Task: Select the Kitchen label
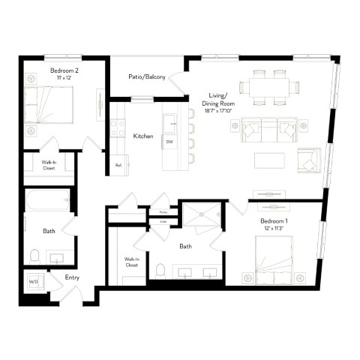point(143,136)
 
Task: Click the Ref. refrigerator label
point(118,165)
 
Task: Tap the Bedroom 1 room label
point(275,223)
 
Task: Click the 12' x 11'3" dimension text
point(275,230)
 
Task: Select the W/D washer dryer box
point(34,281)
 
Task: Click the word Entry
point(72,277)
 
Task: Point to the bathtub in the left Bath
point(46,202)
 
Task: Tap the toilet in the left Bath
point(34,256)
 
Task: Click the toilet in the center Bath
point(160,268)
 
